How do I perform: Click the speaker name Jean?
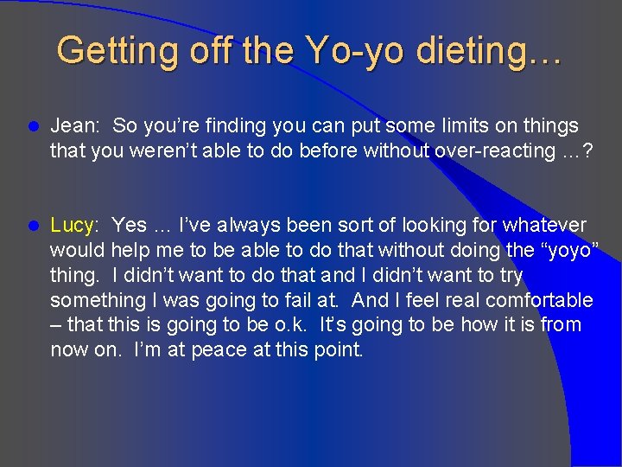[x=73, y=125]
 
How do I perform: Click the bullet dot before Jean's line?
[x=34, y=126]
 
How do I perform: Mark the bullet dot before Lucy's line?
[x=34, y=226]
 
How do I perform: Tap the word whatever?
[x=544, y=225]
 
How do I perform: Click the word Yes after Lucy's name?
[x=130, y=225]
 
